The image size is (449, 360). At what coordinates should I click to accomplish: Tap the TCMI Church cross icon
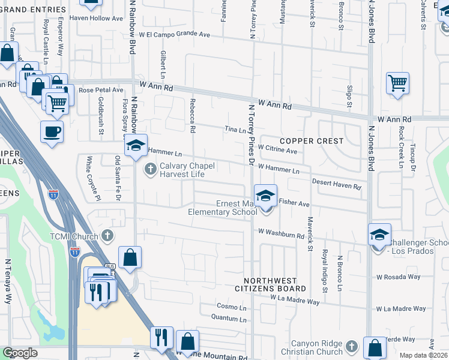point(107,235)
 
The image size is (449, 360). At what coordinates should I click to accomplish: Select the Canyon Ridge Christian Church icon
point(352,346)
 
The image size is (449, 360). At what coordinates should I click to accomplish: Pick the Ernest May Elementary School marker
point(265,196)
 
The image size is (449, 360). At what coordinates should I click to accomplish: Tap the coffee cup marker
point(52,131)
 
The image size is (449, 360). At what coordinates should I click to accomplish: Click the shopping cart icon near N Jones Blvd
point(397,84)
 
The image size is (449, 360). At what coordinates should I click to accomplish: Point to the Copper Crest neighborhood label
point(311,141)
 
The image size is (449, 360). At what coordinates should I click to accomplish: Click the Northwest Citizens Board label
point(275,284)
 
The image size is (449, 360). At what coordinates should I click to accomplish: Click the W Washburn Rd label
point(281,232)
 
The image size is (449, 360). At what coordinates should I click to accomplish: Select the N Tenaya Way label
point(8,281)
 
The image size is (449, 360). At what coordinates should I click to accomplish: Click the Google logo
point(20,353)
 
